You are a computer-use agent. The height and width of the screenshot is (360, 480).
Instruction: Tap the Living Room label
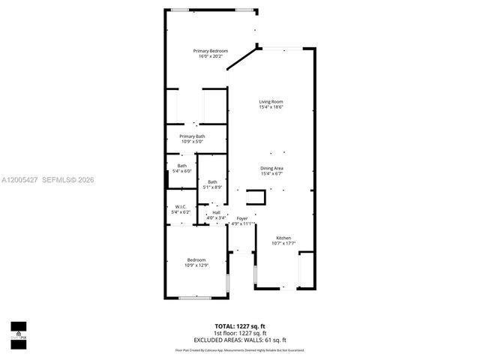click(x=271, y=101)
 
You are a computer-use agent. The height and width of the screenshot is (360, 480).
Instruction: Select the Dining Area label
click(x=271, y=168)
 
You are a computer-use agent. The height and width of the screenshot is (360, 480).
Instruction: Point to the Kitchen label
click(x=283, y=238)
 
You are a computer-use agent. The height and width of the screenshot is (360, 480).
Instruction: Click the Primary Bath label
click(x=192, y=136)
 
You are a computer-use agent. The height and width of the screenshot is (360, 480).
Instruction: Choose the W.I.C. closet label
click(x=181, y=207)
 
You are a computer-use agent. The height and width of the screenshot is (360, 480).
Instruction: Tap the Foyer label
click(x=242, y=218)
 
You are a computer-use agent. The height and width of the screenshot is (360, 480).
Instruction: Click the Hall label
click(x=216, y=213)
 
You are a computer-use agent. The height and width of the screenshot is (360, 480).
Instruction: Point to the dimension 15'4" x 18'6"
click(x=271, y=106)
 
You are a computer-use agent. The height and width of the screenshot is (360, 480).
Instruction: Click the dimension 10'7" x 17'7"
click(x=283, y=243)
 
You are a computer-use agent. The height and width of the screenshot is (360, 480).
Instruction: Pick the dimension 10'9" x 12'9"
click(x=196, y=265)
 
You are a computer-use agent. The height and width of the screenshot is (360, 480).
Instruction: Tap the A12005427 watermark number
click(x=18, y=180)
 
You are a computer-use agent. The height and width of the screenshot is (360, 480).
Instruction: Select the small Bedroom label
click(x=196, y=259)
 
